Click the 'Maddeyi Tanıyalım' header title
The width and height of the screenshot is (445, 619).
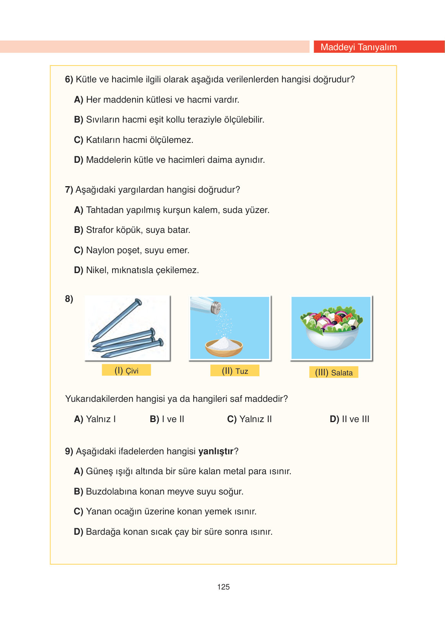358,47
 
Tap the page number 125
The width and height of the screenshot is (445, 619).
223,587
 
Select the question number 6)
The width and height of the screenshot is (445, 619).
69,79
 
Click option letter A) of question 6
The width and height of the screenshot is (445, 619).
78,100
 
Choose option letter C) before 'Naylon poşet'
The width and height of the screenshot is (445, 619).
78,250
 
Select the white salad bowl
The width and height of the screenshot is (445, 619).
331,339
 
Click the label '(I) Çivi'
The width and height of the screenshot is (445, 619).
126,370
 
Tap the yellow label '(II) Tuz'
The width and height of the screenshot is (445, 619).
235,371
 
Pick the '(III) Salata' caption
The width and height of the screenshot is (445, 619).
334,372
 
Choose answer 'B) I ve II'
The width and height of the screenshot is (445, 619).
167,419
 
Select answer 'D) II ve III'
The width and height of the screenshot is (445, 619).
349,419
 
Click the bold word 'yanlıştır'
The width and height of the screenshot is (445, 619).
216,451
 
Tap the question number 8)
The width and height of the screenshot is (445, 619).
69,299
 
